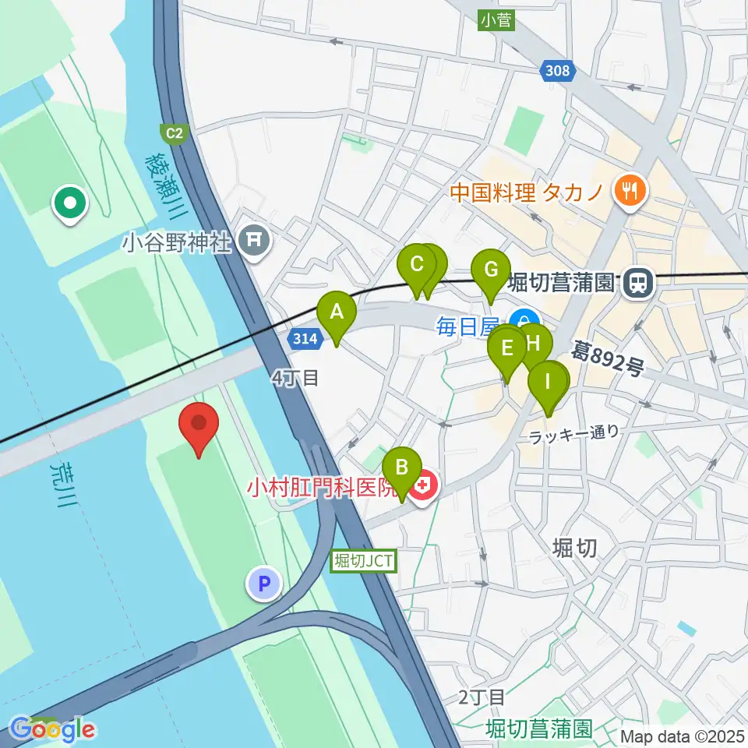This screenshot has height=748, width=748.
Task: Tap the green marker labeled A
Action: tap(337, 313)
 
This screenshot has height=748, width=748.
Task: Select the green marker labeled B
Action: tap(401, 469)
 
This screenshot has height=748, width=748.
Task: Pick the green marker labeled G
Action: tap(491, 271)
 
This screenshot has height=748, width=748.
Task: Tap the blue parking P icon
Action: tap(264, 583)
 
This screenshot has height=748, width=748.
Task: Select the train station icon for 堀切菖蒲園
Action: tap(637, 282)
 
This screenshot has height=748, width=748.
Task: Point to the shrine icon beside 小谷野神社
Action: tap(254, 242)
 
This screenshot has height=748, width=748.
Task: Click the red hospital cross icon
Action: tap(425, 488)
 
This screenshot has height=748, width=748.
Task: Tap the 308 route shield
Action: tap(558, 72)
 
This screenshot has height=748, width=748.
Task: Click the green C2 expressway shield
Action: tap(173, 133)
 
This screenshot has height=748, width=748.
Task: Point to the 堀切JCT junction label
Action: tap(364, 559)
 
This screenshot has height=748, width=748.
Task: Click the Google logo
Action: tap(51, 729)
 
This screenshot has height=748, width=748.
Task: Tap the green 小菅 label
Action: tap(496, 20)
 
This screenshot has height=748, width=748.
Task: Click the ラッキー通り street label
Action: tap(573, 433)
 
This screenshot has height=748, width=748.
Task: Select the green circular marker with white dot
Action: tap(70, 204)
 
